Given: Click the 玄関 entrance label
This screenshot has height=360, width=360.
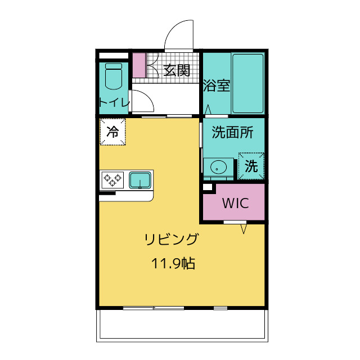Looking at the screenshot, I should pyautogui.click(x=177, y=70).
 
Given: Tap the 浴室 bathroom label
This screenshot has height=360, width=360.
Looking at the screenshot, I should pyautogui.click(x=217, y=86).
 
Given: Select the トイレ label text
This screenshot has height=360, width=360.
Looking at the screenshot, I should pyautogui.click(x=114, y=102).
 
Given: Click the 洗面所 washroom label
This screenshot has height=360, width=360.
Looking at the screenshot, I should pyautogui.click(x=232, y=133).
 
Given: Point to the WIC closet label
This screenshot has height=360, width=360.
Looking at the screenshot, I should pyautogui.click(x=235, y=204).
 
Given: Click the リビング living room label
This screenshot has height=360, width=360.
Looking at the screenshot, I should pyautogui.click(x=172, y=240).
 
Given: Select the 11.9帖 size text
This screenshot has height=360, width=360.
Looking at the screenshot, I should pyautogui.click(x=173, y=263).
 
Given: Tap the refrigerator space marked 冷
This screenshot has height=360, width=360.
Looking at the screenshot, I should pyautogui.click(x=112, y=132).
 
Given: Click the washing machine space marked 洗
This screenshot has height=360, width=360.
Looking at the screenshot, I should pyautogui.click(x=251, y=166).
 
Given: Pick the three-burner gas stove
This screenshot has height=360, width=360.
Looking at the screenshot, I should pyautogui.click(x=112, y=180).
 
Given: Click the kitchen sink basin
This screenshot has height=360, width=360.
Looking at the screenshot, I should pyautogui.click(x=140, y=180).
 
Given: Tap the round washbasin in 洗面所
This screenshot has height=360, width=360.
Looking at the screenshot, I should pyautogui.click(x=217, y=167).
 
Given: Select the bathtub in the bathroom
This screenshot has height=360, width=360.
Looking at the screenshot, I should pyautogui.click(x=247, y=83).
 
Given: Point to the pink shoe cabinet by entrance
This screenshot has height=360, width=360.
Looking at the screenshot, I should pyautogui.click(x=138, y=65).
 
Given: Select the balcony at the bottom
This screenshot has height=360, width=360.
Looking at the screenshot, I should pyautogui.click(x=182, y=325).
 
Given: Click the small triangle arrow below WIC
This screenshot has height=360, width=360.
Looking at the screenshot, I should pyautogui.click(x=244, y=229).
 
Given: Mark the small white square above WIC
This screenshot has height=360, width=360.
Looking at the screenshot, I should pyautogui.click(x=207, y=187).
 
